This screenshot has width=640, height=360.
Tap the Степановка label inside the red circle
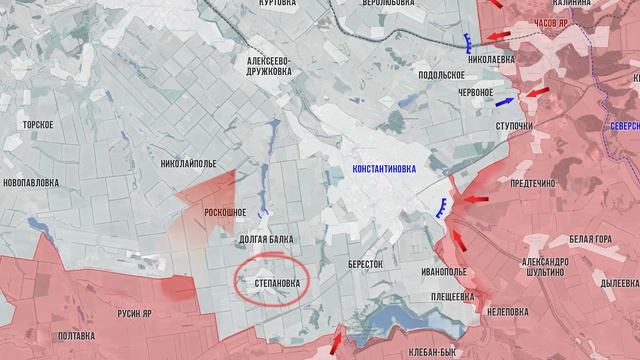point(273,284)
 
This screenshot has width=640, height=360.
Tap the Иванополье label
point(444,271)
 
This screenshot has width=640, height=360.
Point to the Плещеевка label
point(452,297)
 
